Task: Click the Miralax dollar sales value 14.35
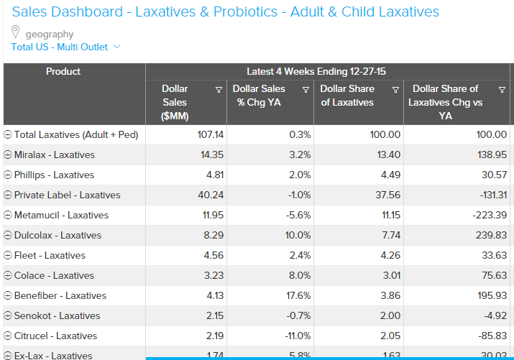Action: (212, 154)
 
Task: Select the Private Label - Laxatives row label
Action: (67, 195)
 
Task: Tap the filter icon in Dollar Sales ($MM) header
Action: (219, 90)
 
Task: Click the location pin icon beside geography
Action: (16, 32)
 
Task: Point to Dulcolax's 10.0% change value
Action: (297, 235)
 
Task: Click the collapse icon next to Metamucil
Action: (8, 216)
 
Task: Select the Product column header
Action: (63, 72)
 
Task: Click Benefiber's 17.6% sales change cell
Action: (297, 295)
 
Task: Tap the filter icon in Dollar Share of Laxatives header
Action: (395, 90)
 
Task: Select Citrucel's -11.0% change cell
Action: (295, 336)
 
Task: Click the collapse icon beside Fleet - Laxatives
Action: (8, 256)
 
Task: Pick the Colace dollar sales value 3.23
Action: (214, 275)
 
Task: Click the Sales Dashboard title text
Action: (226, 12)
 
